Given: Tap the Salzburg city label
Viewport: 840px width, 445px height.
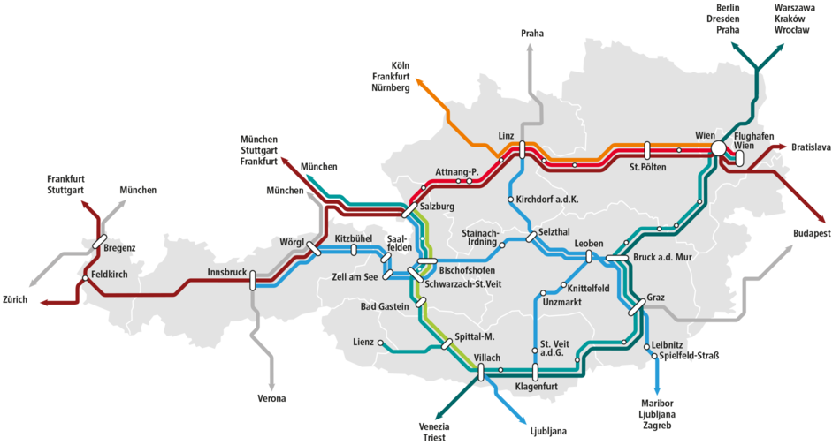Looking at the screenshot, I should point(437,207).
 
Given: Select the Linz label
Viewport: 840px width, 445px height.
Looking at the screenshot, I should point(506,135).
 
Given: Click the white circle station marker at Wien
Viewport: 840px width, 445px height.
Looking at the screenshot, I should point(718,148).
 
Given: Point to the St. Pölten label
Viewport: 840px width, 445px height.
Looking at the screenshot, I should point(646,166).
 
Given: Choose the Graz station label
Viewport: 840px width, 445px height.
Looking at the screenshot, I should point(655,298).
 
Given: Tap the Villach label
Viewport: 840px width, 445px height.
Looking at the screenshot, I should point(487,357).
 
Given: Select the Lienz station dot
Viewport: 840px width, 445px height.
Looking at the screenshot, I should point(381,343).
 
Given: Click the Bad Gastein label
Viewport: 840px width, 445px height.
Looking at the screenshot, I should point(385,306).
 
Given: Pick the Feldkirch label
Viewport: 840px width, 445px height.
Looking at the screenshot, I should point(110,275).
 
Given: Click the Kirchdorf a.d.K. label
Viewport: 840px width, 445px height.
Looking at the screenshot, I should point(546,200).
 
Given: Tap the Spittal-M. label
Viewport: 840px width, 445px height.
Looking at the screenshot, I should point(474,337).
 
